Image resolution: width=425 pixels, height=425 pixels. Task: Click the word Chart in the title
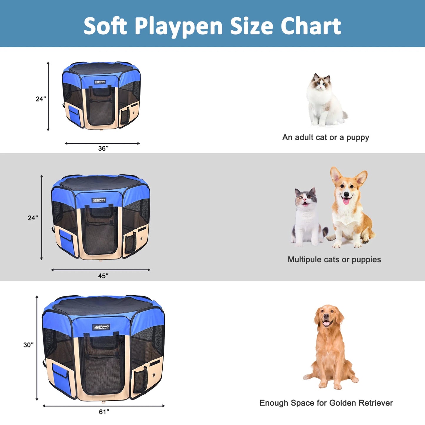pos(311,26)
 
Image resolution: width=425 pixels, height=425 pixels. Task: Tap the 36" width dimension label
pos(103,148)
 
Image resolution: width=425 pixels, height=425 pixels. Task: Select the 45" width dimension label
pos(103,276)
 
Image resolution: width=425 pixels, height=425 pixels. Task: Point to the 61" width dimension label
pos(104,412)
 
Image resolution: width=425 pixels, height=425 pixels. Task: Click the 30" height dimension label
pos(29,345)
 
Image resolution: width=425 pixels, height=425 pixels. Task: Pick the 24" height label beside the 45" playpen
pos(33,218)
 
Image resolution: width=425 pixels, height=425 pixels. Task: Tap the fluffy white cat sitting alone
pos(324,100)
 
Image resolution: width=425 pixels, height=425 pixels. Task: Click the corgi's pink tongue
pos(346,201)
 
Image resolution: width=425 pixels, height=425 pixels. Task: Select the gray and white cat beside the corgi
pos(307,218)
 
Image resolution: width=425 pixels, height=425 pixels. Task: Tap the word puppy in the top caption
pos(357,138)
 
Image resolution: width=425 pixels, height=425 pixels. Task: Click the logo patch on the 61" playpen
pos(101,327)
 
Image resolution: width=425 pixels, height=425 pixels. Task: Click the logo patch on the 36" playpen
pos(100,82)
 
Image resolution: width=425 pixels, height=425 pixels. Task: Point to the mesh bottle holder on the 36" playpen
pos(125,116)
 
